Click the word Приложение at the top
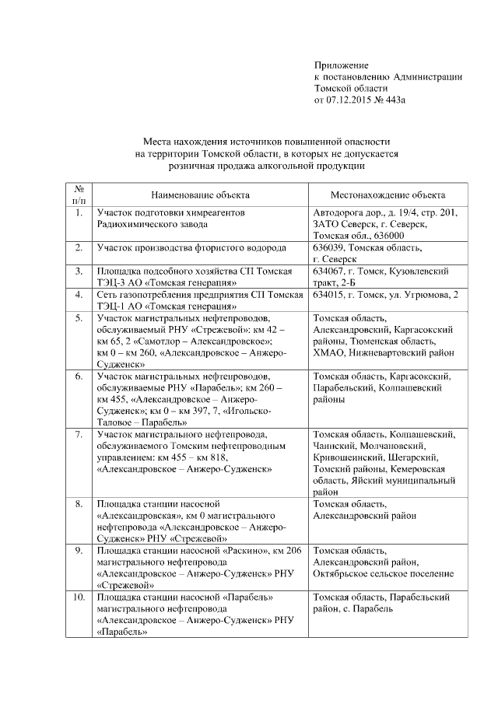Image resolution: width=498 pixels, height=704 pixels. pos(341,65)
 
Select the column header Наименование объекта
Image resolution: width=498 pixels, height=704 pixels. pos(200,194)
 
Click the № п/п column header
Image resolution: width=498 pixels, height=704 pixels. pos(79,194)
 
